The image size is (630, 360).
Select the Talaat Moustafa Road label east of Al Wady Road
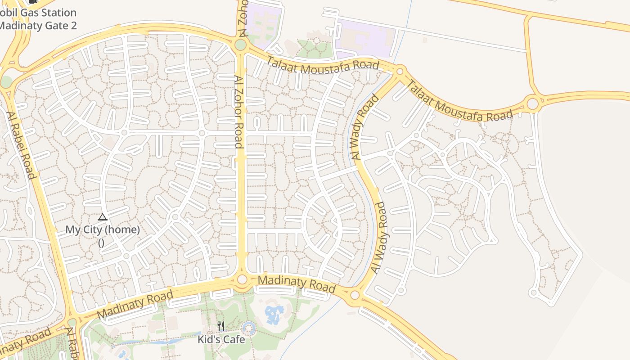pos(459,102)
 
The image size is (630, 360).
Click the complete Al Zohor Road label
pos(239,111)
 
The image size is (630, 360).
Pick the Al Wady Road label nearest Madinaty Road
pos(379,238)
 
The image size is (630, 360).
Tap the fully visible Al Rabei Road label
pos(21,145)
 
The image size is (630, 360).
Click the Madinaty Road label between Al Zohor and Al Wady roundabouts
pos(297,283)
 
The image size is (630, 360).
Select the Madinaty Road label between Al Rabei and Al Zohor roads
pos(135,304)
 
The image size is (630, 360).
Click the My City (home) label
pos(103,229)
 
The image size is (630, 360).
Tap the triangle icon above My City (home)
pos(103,218)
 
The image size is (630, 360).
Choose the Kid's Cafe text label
pos(221,339)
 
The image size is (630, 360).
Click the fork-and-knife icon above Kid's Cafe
pos(220,326)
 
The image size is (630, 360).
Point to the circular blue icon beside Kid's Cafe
pos(248,328)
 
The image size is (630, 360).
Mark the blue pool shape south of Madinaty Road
pos(274,314)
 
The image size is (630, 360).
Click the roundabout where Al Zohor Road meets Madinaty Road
pos(242,279)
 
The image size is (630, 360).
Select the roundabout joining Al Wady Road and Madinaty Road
pos(355,295)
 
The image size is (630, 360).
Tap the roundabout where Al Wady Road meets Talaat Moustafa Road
pos(400,71)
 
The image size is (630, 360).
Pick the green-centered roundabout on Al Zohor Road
pos(241,45)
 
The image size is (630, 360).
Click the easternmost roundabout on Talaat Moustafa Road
pos(533,104)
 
